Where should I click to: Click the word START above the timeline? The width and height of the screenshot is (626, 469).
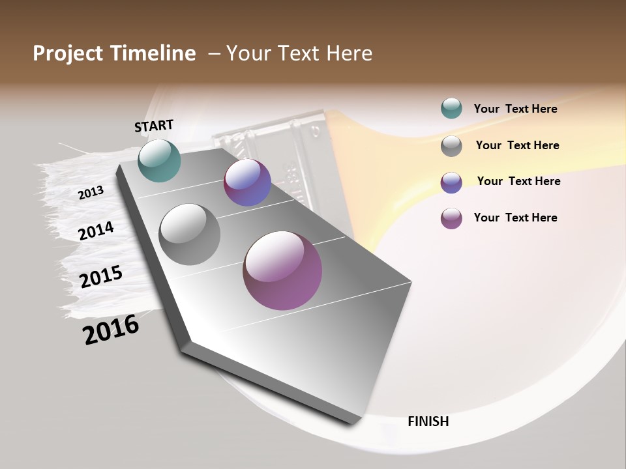(x=154, y=126)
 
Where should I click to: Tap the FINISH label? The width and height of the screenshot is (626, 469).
(x=428, y=421)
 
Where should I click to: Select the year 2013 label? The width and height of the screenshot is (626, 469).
(x=91, y=193)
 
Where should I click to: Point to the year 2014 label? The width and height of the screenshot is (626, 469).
(x=96, y=231)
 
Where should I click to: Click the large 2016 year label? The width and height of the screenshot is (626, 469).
(x=111, y=329)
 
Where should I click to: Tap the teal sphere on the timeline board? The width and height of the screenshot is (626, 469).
(x=159, y=160)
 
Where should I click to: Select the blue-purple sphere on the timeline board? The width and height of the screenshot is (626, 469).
(x=247, y=182)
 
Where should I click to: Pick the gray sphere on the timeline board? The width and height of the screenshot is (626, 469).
(x=189, y=234)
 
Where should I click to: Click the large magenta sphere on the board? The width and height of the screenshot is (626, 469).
(x=282, y=270)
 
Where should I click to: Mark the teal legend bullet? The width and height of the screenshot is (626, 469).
(x=451, y=109)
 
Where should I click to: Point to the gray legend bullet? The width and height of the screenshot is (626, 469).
(x=451, y=146)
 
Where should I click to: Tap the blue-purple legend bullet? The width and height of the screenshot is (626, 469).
(x=451, y=182)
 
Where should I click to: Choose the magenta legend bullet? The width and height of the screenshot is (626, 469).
(x=451, y=218)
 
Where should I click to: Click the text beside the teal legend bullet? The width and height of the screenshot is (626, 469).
(x=515, y=109)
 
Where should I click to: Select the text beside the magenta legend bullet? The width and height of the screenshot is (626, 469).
(x=515, y=218)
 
